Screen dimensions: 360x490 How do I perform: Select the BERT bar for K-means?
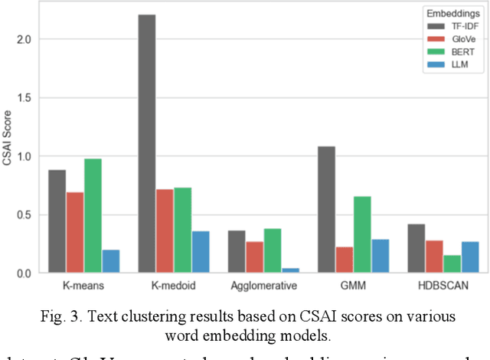point(93,215)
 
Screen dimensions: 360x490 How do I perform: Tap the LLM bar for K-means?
point(110,260)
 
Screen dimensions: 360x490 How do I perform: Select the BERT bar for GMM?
point(362,234)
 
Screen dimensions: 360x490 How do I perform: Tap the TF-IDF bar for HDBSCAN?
point(416,248)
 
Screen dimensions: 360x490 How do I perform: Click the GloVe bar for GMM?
point(345,260)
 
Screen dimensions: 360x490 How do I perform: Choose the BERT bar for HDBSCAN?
point(452,263)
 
